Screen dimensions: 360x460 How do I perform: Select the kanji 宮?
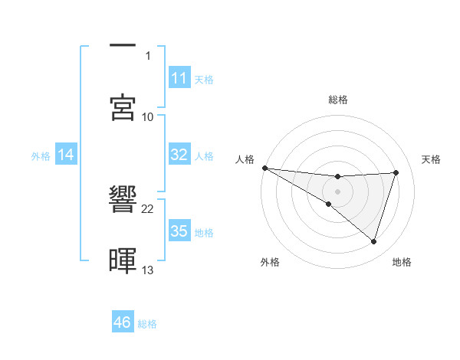pos(123,106)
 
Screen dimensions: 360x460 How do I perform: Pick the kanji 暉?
pos(123,260)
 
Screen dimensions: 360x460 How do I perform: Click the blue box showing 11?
pos(179,78)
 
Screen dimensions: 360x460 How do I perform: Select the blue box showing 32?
pos(179,155)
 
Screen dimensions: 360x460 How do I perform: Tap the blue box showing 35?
pos(179,231)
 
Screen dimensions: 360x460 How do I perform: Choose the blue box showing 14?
pos(66,155)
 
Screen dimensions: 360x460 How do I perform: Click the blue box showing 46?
pos(123,322)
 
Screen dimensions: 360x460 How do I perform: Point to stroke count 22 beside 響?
pos(148,208)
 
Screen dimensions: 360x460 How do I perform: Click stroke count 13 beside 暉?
pos(148,270)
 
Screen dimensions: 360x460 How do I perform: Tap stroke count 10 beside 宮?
pos(148,116)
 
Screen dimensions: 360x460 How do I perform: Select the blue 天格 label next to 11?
pos(204,79)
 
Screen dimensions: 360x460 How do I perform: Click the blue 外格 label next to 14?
pos(41,155)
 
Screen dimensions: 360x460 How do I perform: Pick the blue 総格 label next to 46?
pos(147,323)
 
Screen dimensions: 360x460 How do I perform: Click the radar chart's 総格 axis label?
pos(337,100)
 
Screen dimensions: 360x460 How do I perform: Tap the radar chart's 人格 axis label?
pos(245,159)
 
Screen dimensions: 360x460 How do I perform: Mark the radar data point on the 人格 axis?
pos(264,168)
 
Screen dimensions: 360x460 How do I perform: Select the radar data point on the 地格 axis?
pos(374,242)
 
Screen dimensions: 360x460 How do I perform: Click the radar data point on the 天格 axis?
pos(396,172)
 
